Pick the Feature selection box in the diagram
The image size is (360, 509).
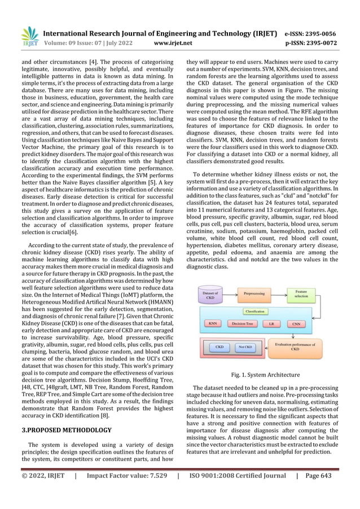301,294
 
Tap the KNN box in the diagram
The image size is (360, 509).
213,324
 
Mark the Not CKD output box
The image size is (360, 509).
245,348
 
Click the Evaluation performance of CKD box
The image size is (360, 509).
295,347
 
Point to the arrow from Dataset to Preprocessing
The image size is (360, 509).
229,294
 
